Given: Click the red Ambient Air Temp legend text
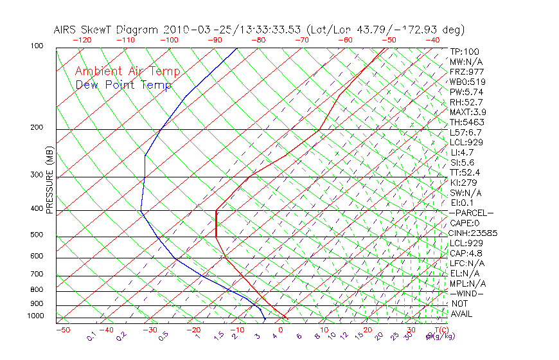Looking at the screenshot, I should click(x=128, y=72).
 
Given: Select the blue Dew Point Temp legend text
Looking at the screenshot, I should click(x=123, y=85).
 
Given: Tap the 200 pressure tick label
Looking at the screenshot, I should click(x=38, y=127).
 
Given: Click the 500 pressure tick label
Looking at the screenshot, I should click(x=38, y=235).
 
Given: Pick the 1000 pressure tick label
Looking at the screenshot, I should click(x=36, y=316).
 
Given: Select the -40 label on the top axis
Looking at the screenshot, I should click(x=432, y=40).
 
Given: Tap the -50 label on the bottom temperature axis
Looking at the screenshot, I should click(x=62, y=330).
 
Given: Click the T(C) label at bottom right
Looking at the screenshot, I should click(x=435, y=330).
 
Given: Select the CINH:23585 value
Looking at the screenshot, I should click(x=473, y=233).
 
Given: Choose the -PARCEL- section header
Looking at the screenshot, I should click(x=471, y=213).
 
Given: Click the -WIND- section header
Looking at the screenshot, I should click(x=467, y=294).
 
